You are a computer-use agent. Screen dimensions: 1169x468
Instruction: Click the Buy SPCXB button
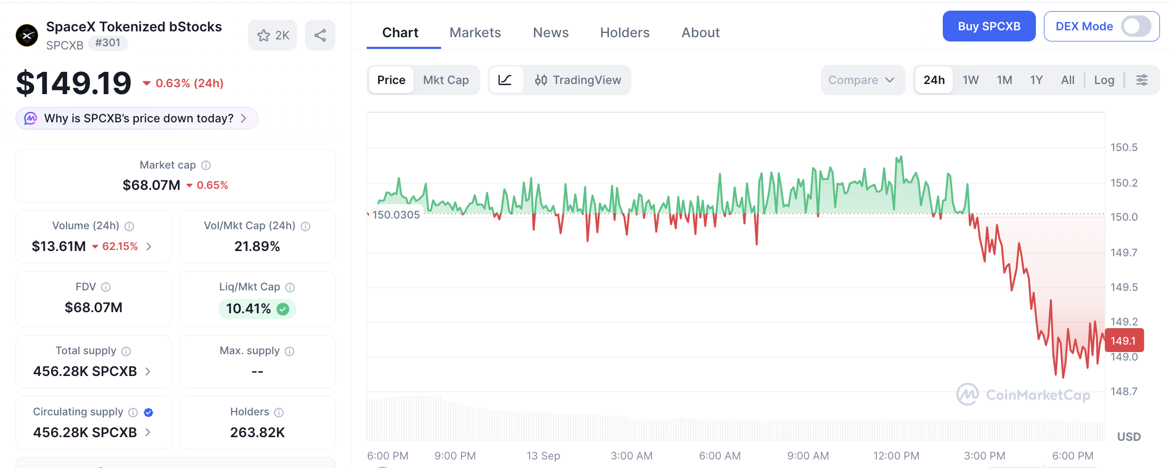pyautogui.click(x=989, y=26)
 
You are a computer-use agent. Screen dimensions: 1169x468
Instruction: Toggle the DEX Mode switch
pyautogui.click(x=1135, y=26)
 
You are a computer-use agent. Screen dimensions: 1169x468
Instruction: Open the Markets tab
pyautogui.click(x=475, y=32)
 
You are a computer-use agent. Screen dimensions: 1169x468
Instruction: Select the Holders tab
pyautogui.click(x=624, y=32)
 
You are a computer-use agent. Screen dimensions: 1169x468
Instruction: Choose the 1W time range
pyautogui.click(x=970, y=80)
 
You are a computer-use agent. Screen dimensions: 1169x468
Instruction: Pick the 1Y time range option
pyautogui.click(x=1036, y=80)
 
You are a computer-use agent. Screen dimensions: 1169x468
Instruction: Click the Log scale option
pyautogui.click(x=1104, y=80)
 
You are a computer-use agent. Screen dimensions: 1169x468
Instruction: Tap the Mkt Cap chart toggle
pyautogui.click(x=446, y=80)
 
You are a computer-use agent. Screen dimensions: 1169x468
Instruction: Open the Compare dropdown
pyautogui.click(x=862, y=80)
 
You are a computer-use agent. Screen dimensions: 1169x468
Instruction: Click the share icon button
pyautogui.click(x=320, y=35)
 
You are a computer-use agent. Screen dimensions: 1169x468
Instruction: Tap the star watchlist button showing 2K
pyautogui.click(x=273, y=35)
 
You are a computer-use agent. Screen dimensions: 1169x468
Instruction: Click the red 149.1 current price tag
pyautogui.click(x=1124, y=340)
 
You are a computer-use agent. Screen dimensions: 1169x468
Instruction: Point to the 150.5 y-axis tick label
pyautogui.click(x=1124, y=147)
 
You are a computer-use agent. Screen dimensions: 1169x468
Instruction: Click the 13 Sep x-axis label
pyautogui.click(x=543, y=456)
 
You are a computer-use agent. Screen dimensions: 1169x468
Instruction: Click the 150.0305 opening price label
pyautogui.click(x=396, y=215)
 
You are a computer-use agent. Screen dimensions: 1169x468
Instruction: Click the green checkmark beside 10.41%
pyautogui.click(x=283, y=309)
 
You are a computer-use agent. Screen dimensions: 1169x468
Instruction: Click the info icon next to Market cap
pyautogui.click(x=206, y=165)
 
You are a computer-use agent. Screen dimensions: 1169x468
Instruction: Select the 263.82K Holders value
pyautogui.click(x=257, y=432)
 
